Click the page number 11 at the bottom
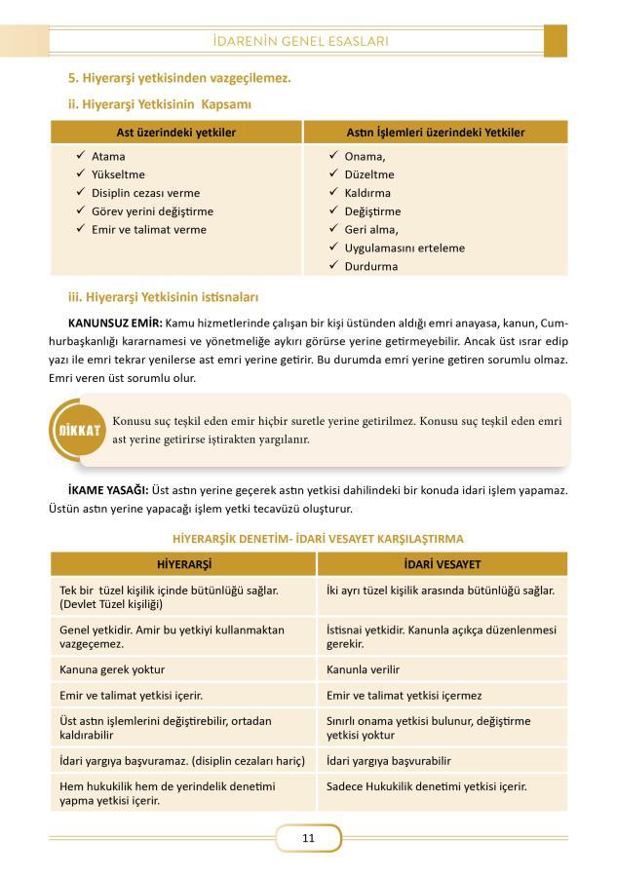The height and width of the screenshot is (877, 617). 308,838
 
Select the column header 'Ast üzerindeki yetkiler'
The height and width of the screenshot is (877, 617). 176,132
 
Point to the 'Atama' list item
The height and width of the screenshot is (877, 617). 108,156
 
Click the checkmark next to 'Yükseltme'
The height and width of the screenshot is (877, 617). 80,174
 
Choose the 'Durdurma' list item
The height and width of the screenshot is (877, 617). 370,266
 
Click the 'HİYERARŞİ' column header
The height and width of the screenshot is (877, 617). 184,564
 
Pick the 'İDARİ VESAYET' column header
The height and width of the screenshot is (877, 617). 442,564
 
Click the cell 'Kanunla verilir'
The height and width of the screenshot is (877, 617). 364,669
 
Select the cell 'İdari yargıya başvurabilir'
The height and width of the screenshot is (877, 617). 389,760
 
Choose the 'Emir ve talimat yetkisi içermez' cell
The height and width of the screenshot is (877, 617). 405,696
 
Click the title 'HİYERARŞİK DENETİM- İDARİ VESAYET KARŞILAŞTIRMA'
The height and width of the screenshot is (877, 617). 318,538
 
